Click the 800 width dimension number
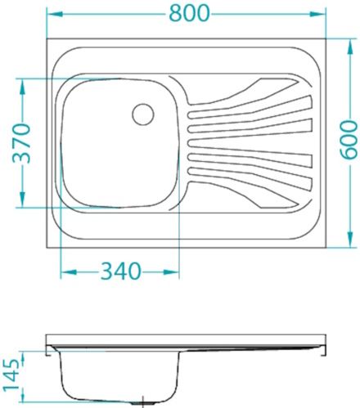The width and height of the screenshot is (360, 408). (187, 13)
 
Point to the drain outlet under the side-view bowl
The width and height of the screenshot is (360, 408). (137, 403)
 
